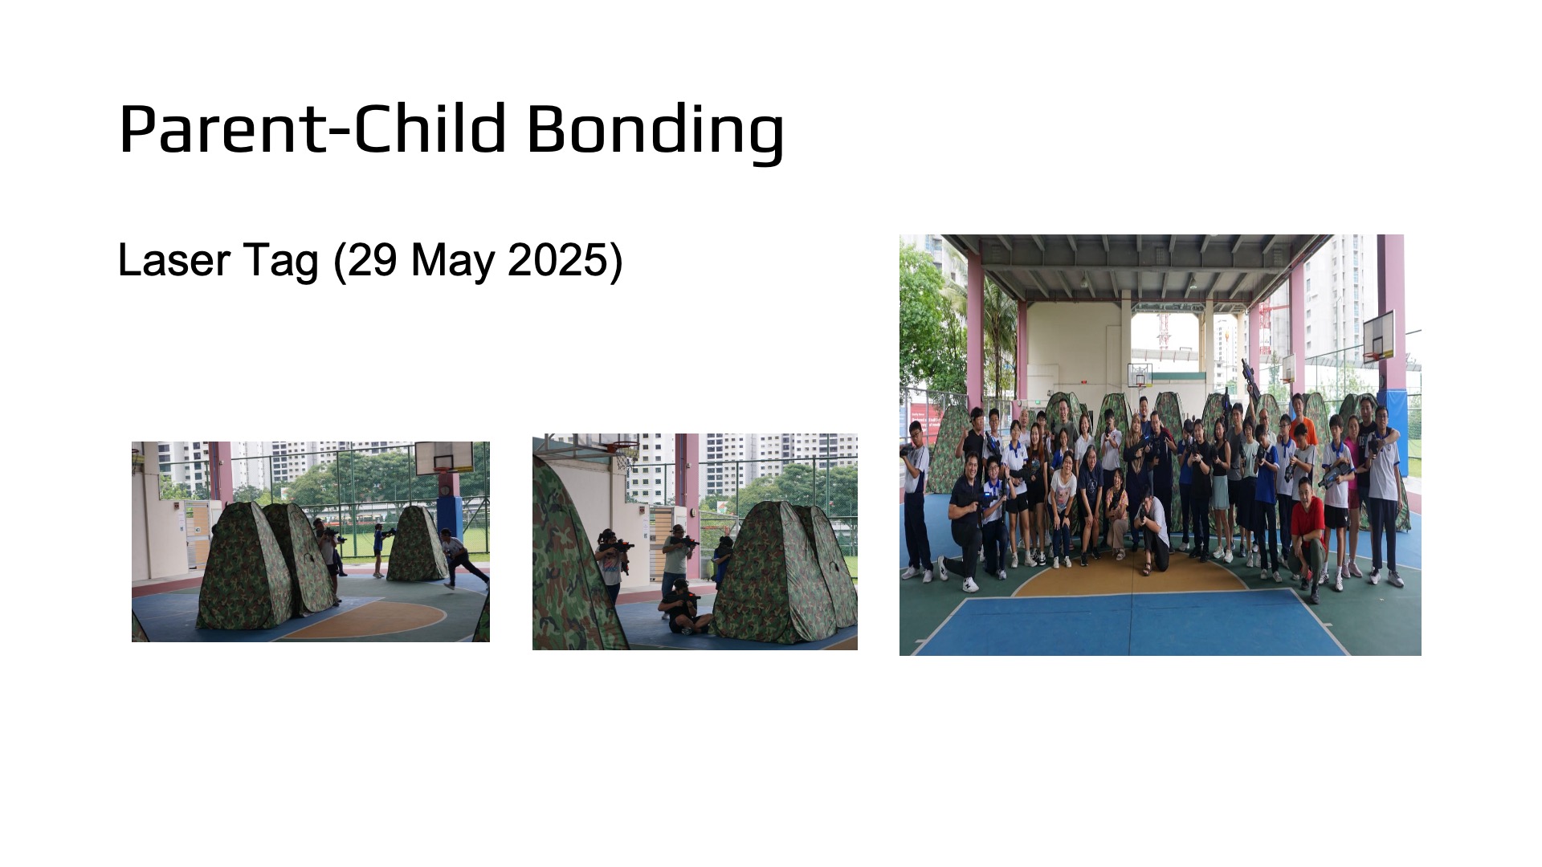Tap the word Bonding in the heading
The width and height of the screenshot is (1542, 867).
pyautogui.click(x=655, y=132)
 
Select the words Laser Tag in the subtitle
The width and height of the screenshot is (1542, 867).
pyautogui.click(x=218, y=261)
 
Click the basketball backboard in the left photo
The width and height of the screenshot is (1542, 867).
pyautogui.click(x=443, y=457)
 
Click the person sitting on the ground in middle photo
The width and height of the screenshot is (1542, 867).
pyautogui.click(x=683, y=608)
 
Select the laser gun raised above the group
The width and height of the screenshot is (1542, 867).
pyautogui.click(x=1250, y=381)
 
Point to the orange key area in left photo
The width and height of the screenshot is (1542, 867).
pyautogui.click(x=365, y=620)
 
